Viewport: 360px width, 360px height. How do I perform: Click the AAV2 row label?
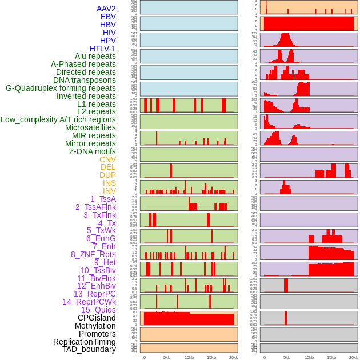106,9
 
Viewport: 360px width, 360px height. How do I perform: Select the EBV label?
108,17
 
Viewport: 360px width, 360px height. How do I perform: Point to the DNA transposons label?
85,80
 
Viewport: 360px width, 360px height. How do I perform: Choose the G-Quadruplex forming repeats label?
61,88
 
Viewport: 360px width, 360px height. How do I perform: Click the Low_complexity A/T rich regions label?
58,119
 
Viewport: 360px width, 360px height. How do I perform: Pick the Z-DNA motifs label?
93,151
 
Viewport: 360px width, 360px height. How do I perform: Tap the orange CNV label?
107,159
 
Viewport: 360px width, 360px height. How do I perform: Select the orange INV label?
109,191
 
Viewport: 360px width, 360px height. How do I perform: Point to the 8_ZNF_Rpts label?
93,254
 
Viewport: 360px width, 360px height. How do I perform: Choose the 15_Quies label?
98,310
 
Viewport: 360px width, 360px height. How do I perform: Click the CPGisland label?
97,318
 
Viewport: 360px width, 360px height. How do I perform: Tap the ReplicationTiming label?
85,342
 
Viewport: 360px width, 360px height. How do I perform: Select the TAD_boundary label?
89,349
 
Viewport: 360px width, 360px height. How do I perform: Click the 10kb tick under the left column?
189,357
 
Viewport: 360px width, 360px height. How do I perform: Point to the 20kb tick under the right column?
354,357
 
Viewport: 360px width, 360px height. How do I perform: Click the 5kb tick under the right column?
287,357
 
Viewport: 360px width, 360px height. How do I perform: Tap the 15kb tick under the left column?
211,357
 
